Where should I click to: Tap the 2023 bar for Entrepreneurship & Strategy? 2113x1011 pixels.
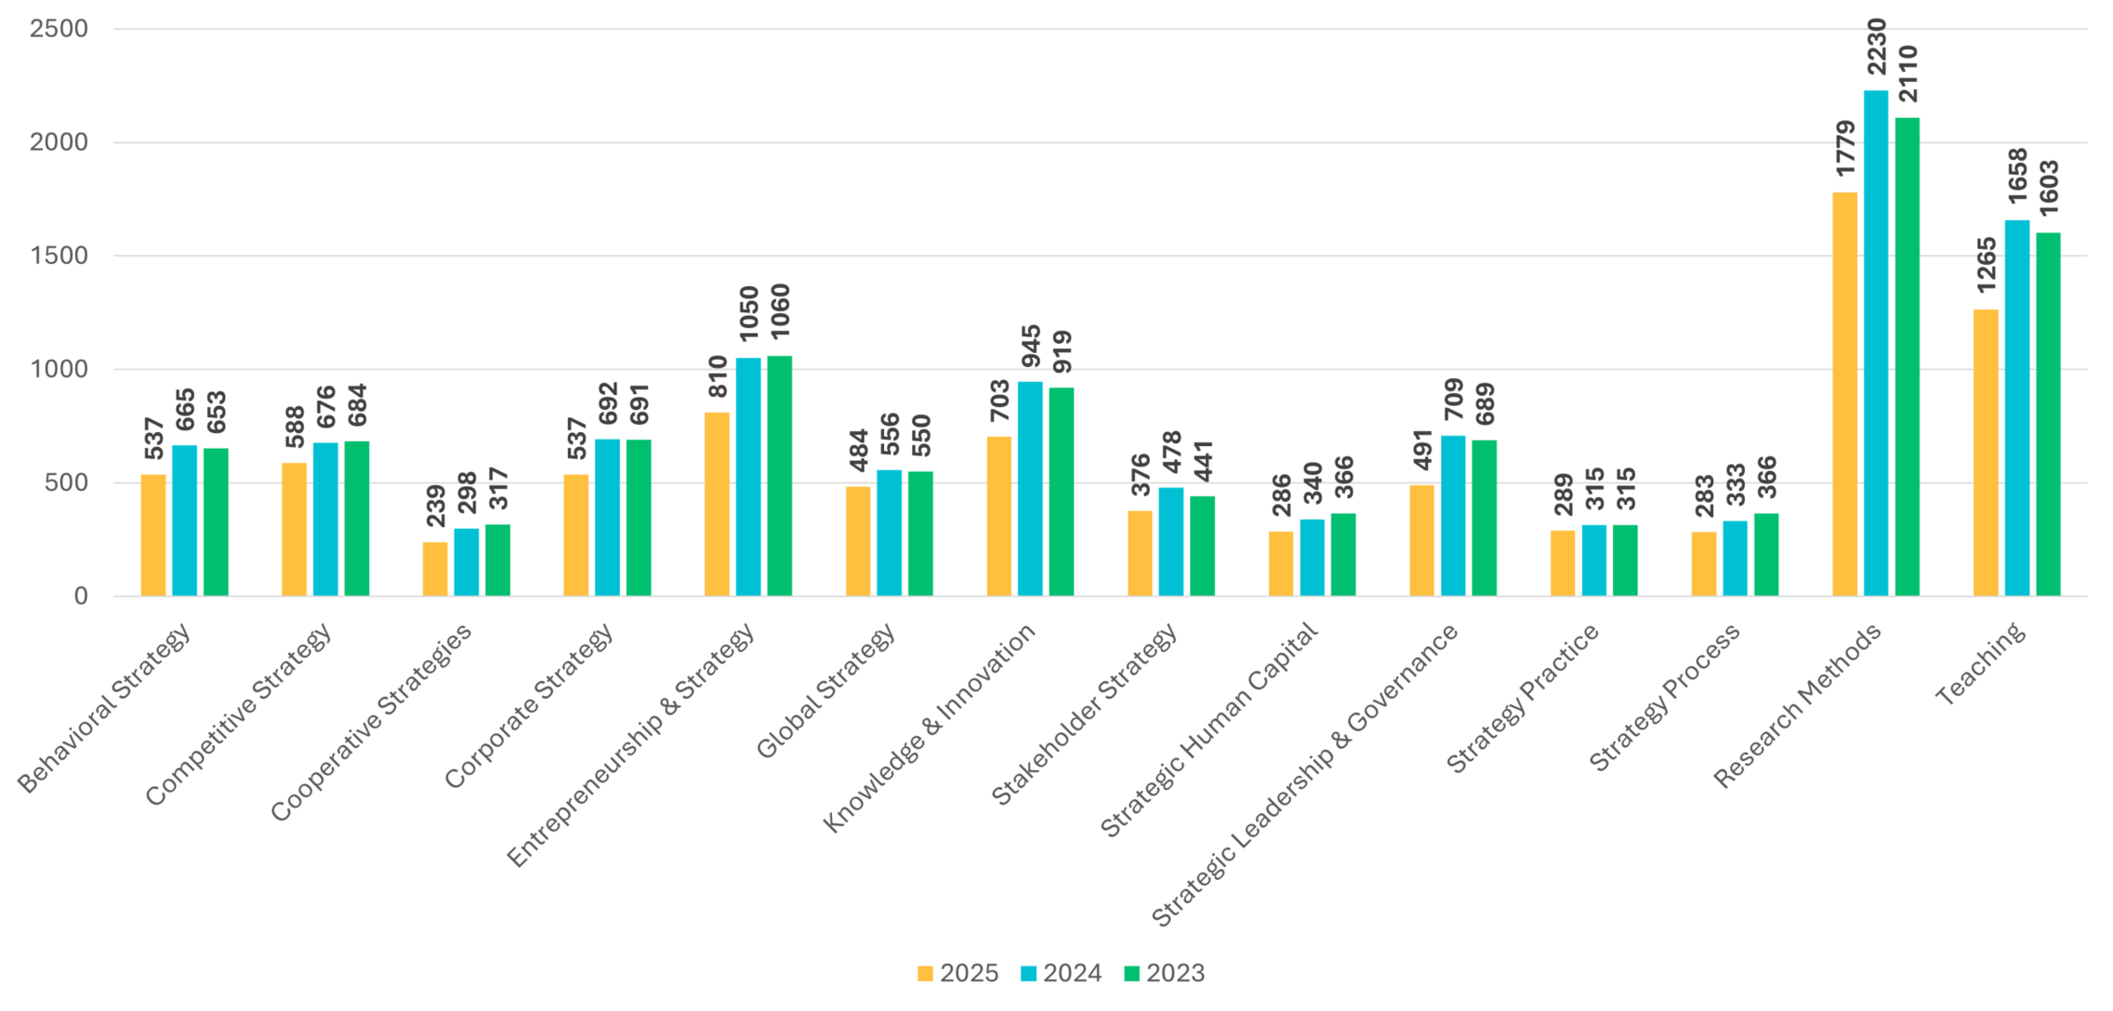coord(779,476)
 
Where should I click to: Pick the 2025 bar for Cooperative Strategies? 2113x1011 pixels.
coord(435,569)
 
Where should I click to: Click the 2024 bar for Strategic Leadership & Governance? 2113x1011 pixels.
coord(1453,516)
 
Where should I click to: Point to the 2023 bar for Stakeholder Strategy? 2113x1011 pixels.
coord(1202,546)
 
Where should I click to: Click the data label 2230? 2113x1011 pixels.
coord(1876,48)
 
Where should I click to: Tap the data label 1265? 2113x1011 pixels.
coord(1986,265)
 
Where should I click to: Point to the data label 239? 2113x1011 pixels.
coord(436,505)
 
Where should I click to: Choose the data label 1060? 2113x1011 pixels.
coord(780,311)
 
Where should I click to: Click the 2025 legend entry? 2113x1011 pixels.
coord(957,973)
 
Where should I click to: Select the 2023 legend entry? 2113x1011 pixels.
coord(1164,973)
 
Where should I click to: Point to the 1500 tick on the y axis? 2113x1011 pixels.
coord(58,256)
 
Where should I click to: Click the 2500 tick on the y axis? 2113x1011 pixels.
coord(58,29)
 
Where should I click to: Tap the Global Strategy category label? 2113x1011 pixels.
coord(826,691)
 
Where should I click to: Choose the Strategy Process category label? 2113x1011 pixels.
coord(1664,698)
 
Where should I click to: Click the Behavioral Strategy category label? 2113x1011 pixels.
coord(104,708)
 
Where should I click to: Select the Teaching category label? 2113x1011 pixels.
coord(1980,663)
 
